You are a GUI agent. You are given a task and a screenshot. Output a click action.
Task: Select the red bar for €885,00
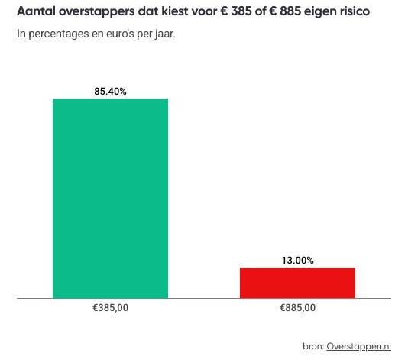coord(297,282)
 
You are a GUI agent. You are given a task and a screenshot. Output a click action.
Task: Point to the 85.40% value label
coord(110,92)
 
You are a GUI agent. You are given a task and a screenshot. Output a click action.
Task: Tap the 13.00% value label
coord(297,260)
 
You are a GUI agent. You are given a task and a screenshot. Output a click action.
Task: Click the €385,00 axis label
coord(110,308)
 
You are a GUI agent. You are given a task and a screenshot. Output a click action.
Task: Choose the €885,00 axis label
coord(297,308)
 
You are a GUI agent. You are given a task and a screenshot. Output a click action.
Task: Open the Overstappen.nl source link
coord(358,346)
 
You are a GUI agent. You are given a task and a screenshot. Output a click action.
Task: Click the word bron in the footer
coord(313,346)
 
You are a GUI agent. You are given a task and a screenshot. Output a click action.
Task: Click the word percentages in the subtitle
coord(58,34)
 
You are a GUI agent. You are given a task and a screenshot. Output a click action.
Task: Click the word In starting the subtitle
coord(21,34)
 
